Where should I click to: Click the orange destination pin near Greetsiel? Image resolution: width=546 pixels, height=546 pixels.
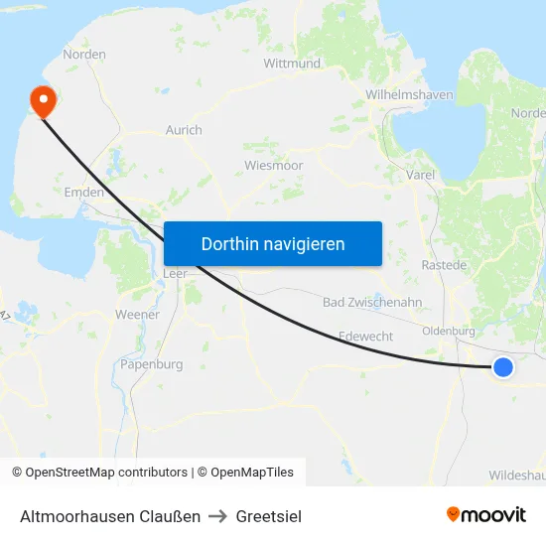coord(43,100)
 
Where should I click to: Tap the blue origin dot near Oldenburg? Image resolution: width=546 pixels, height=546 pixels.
coord(503,367)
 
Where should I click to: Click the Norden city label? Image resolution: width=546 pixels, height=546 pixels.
coord(84,55)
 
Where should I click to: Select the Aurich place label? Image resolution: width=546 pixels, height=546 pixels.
coord(184,130)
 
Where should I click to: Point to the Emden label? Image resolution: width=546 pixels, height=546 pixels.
coord(84,192)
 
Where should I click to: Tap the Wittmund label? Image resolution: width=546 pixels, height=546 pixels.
coord(292,63)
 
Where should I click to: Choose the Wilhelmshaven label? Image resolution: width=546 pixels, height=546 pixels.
coord(409,95)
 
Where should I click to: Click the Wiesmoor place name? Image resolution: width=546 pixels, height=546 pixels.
coord(273,165)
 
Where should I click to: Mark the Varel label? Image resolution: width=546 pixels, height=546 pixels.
coord(421,175)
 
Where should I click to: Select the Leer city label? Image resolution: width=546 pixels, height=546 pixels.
coord(175,274)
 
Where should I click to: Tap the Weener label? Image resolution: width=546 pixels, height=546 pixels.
coord(137,315)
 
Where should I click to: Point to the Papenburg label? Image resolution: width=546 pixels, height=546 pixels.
coord(151,364)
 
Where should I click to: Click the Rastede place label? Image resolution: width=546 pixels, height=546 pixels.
coord(444,265)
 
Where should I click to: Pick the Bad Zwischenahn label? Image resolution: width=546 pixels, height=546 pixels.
coord(372,302)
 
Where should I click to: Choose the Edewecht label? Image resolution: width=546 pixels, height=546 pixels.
coord(365,337)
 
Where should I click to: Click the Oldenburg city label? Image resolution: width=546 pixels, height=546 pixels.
coord(449,331)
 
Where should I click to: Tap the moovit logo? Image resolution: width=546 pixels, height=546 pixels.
coord(486,514)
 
